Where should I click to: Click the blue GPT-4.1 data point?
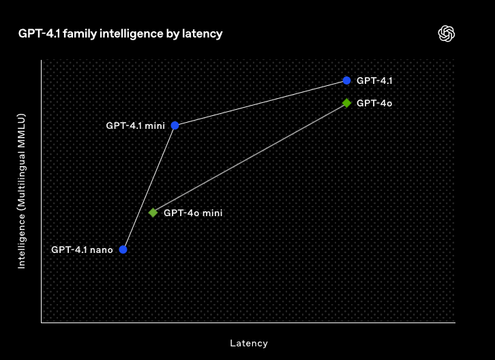pyautogui.click(x=346, y=80)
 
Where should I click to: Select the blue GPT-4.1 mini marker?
pyautogui.click(x=175, y=125)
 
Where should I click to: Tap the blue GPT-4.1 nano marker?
pyautogui.click(x=123, y=250)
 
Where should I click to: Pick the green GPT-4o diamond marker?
pyautogui.click(x=346, y=103)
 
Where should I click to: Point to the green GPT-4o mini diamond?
pyautogui.click(x=153, y=213)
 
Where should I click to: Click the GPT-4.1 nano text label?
pyautogui.click(x=82, y=250)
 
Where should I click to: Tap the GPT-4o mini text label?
pyautogui.click(x=193, y=213)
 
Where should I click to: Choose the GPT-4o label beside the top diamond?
pyautogui.click(x=374, y=103)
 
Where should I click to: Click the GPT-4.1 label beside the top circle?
pyautogui.click(x=374, y=80)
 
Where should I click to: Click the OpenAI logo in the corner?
pyautogui.click(x=447, y=33)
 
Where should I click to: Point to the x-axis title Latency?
pyautogui.click(x=248, y=343)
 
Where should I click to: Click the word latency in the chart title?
pyautogui.click(x=202, y=33)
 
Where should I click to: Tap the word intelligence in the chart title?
pyautogui.click(x=134, y=33)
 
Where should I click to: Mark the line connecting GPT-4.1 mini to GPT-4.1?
pyautogui.click(x=260, y=102)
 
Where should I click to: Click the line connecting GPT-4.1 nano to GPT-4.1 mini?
pyautogui.click(x=149, y=187)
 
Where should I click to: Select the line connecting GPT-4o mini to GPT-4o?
pyautogui.click(x=250, y=157)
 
